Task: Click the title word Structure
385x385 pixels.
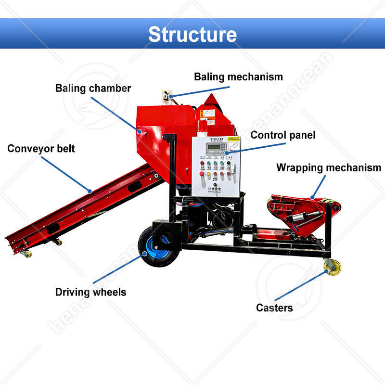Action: click(x=192, y=34)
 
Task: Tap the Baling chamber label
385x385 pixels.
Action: click(x=93, y=89)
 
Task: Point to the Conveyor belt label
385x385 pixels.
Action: click(x=41, y=149)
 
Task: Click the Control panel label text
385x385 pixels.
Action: click(x=283, y=135)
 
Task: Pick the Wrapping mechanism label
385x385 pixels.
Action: click(x=329, y=168)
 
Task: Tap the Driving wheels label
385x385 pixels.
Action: click(x=90, y=292)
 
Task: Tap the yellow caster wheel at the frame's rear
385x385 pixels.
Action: click(x=332, y=267)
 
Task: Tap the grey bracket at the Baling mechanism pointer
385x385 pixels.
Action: click(x=167, y=94)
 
